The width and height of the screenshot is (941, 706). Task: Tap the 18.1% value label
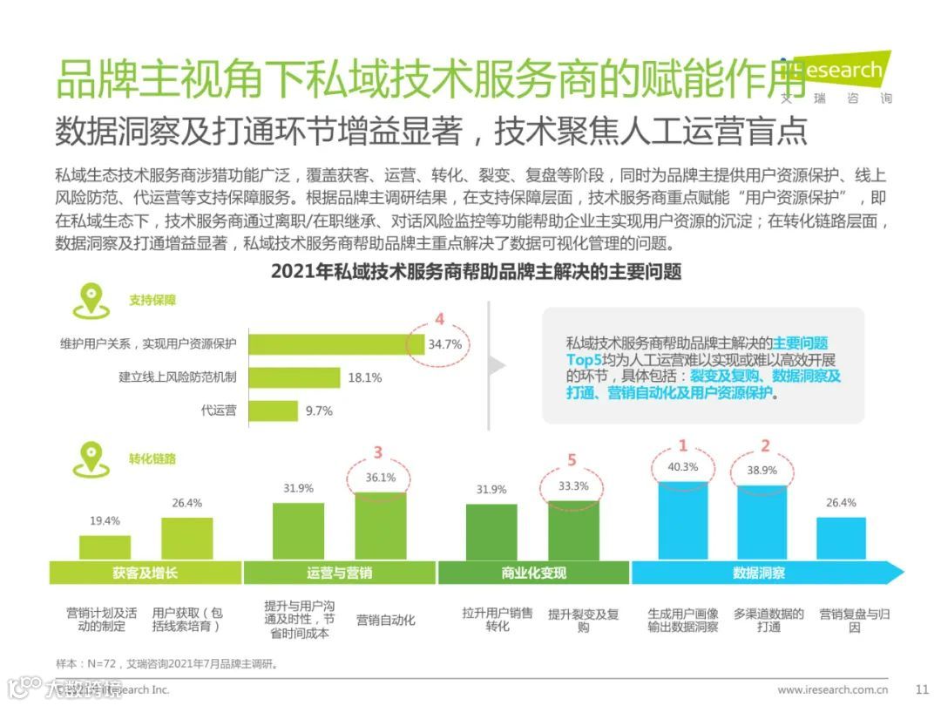pyautogui.click(x=364, y=377)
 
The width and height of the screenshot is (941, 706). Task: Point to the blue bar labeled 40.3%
pyautogui.click(x=683, y=519)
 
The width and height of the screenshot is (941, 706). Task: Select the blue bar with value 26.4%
pyautogui.click(x=841, y=538)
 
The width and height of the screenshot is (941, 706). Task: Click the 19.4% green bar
pyautogui.click(x=105, y=546)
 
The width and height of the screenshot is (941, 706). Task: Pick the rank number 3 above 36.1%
pyautogui.click(x=377, y=452)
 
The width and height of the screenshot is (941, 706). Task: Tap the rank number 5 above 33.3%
pyautogui.click(x=572, y=459)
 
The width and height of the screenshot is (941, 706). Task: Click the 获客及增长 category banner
pyautogui.click(x=145, y=573)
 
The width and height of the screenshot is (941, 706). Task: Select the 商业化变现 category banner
pyautogui.click(x=533, y=573)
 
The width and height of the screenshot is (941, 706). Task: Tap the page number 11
pyautogui.click(x=922, y=689)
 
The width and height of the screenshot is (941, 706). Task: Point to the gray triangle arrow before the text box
pyautogui.click(x=497, y=365)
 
